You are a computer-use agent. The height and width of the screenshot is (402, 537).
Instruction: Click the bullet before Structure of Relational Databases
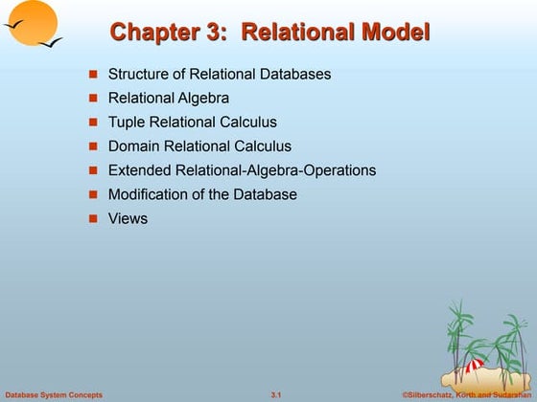[x=94, y=74]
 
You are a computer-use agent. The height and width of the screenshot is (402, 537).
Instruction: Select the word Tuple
[x=126, y=122]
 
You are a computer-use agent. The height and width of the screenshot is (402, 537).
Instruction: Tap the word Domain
[x=134, y=146]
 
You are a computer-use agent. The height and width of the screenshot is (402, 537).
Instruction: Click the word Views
[x=128, y=218]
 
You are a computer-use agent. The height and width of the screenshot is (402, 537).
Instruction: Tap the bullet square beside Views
[x=94, y=219]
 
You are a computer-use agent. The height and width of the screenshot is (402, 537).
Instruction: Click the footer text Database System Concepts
[x=54, y=394]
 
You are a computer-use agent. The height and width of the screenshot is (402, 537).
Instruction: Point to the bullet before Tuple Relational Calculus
[x=94, y=123]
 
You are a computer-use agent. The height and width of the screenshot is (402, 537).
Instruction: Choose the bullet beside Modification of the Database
[x=94, y=195]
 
